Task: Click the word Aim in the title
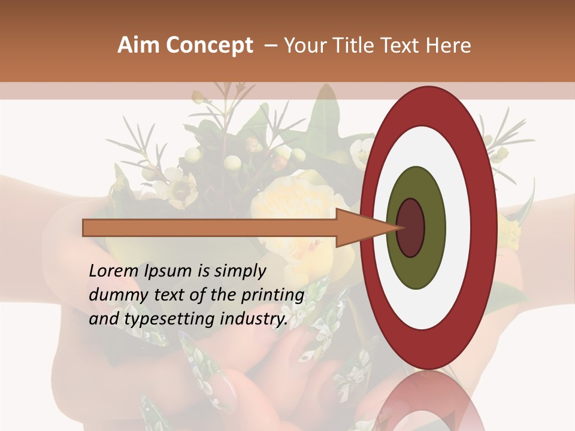click(x=138, y=45)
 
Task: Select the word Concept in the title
click(x=208, y=45)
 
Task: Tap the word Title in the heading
click(x=355, y=45)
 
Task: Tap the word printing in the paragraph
click(x=273, y=295)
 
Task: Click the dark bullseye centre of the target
click(x=410, y=227)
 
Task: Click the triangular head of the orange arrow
click(x=359, y=227)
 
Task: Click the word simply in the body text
click(x=240, y=271)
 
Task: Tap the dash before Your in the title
click(x=270, y=45)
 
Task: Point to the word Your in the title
click(x=305, y=45)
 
